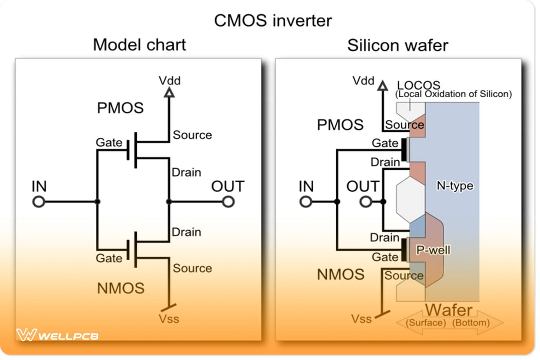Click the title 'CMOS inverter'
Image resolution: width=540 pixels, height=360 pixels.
(x=273, y=21)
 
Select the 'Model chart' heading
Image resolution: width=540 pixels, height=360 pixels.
(x=139, y=45)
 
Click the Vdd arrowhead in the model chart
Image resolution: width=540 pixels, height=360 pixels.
(x=169, y=93)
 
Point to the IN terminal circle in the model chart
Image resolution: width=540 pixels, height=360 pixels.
(x=39, y=202)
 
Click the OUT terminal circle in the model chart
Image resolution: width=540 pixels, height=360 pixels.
(x=229, y=202)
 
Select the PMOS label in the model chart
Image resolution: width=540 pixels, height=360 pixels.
(x=120, y=108)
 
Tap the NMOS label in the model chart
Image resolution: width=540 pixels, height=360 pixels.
(x=120, y=288)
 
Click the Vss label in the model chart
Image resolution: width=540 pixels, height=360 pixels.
(x=169, y=319)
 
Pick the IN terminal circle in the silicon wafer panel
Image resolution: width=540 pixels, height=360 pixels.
(x=306, y=202)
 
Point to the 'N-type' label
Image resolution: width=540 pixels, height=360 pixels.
(x=455, y=185)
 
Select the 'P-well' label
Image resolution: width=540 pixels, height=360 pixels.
(x=433, y=250)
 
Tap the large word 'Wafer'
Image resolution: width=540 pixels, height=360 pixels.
(x=449, y=310)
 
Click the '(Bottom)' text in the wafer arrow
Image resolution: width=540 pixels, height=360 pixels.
(x=471, y=323)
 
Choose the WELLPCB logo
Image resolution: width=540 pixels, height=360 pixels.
(x=57, y=335)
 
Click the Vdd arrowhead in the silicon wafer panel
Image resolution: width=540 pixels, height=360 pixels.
(x=382, y=85)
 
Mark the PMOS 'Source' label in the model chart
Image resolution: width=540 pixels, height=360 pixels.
(x=192, y=135)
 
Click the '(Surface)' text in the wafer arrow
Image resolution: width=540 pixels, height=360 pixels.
(x=426, y=323)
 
